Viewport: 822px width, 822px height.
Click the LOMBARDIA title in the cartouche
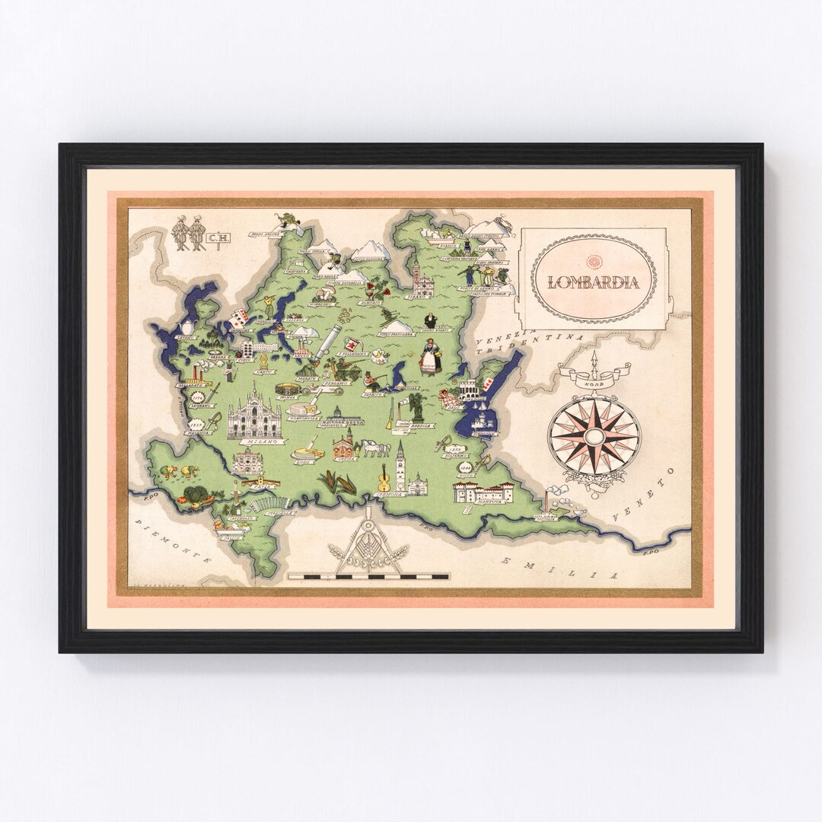(593, 282)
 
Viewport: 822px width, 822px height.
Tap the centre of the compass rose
(594, 435)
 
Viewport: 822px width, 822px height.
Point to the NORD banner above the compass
(594, 374)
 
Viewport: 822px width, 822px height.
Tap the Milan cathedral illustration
(253, 416)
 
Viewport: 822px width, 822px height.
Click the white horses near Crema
(377, 449)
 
